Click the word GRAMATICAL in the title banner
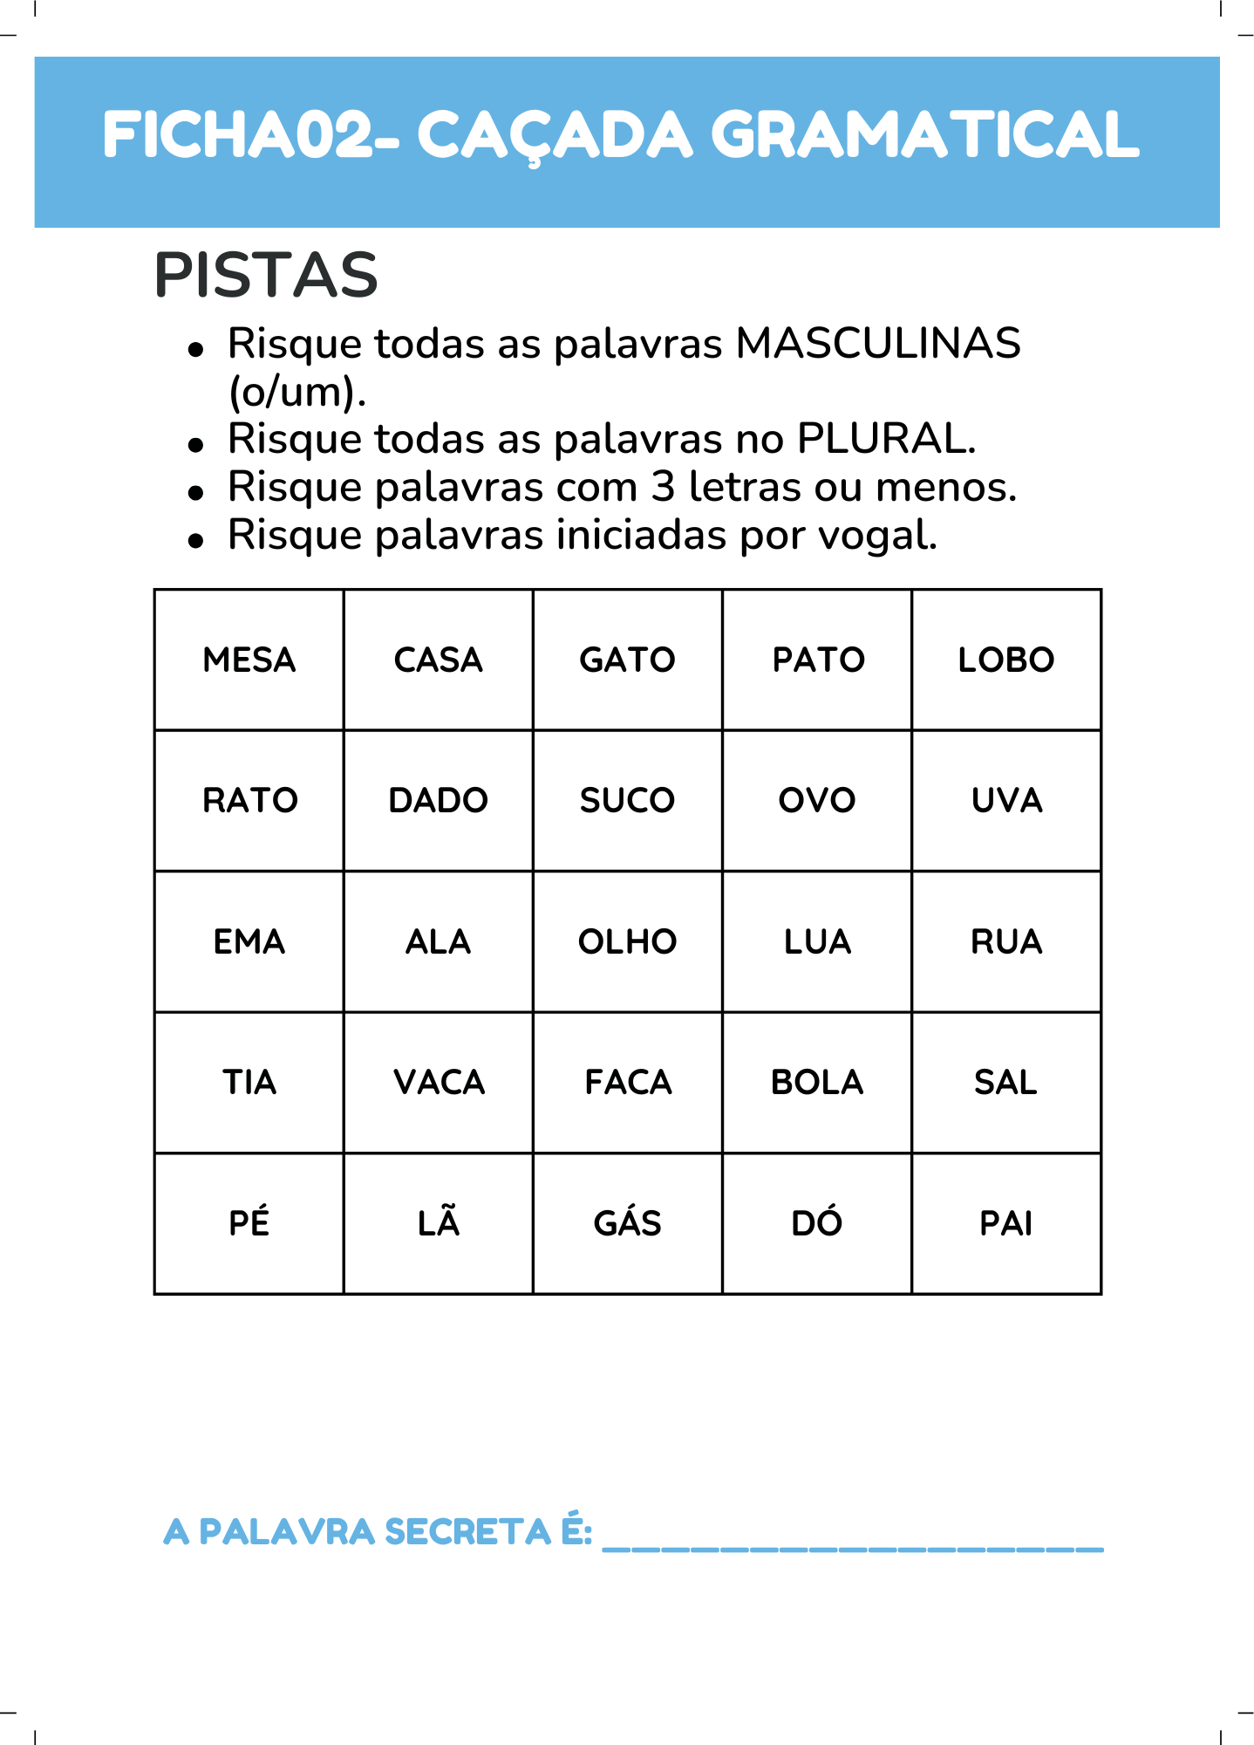coord(924,135)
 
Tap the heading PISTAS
coord(266,276)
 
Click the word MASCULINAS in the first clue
coord(877,344)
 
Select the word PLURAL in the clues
coord(884,439)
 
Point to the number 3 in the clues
coord(663,487)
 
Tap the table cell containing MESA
coord(249,660)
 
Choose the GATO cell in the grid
coord(628,660)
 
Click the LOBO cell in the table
coord(1006,660)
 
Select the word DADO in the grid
coord(438,801)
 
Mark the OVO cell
coord(817,801)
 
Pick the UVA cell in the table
coord(1006,801)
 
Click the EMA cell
coord(249,942)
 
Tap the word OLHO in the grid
coord(628,942)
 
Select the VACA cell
coord(439,1083)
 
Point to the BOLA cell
coord(817,1083)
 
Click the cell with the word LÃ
coord(439,1223)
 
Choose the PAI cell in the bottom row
coord(1006,1223)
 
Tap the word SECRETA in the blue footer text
coord(467,1532)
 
